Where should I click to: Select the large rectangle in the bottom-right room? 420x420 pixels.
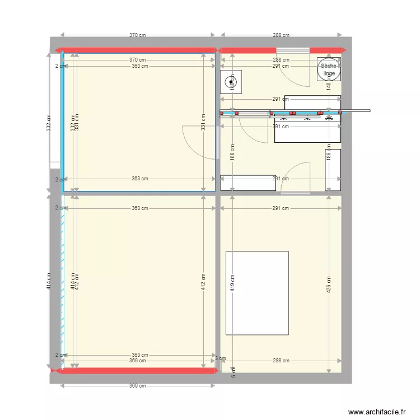click(257, 293)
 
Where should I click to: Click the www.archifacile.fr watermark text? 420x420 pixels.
click(377, 412)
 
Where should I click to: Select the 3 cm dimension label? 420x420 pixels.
click(220, 358)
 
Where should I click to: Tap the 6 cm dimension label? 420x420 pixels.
click(234, 371)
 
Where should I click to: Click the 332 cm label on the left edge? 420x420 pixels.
click(49, 123)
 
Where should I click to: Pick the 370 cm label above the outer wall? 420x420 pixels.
click(138, 35)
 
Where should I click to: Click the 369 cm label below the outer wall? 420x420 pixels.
click(138, 386)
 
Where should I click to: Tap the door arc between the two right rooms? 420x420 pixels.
click(297, 175)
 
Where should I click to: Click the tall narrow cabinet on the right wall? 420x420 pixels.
click(333, 170)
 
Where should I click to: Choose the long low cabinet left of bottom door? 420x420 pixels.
click(248, 183)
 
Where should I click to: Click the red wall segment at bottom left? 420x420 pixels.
click(134, 370)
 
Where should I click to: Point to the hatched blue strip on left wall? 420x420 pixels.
click(63, 280)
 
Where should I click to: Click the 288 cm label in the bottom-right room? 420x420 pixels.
click(281, 361)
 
